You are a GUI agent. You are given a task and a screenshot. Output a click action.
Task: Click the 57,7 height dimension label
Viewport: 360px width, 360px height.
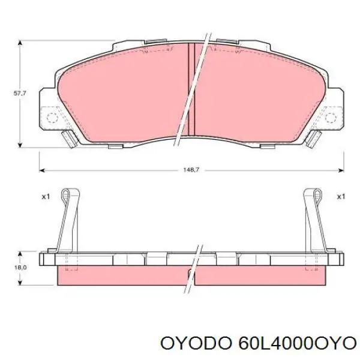[x=20, y=93]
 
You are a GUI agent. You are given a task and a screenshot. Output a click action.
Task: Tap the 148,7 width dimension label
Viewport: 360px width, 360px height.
[x=191, y=170]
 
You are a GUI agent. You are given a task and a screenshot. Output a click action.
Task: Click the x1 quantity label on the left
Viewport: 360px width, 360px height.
[x=45, y=196]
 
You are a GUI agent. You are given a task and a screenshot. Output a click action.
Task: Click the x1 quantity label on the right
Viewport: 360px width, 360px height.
[x=340, y=196]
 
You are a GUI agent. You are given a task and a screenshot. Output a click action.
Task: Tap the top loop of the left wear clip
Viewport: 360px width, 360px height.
[x=71, y=193]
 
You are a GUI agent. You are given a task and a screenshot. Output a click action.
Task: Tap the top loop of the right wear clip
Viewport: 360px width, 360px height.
[x=313, y=193]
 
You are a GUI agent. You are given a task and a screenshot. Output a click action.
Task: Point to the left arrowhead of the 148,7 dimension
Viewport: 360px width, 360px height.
[x=43, y=170]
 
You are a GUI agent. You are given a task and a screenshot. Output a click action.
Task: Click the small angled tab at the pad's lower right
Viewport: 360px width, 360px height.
[x=313, y=139]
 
